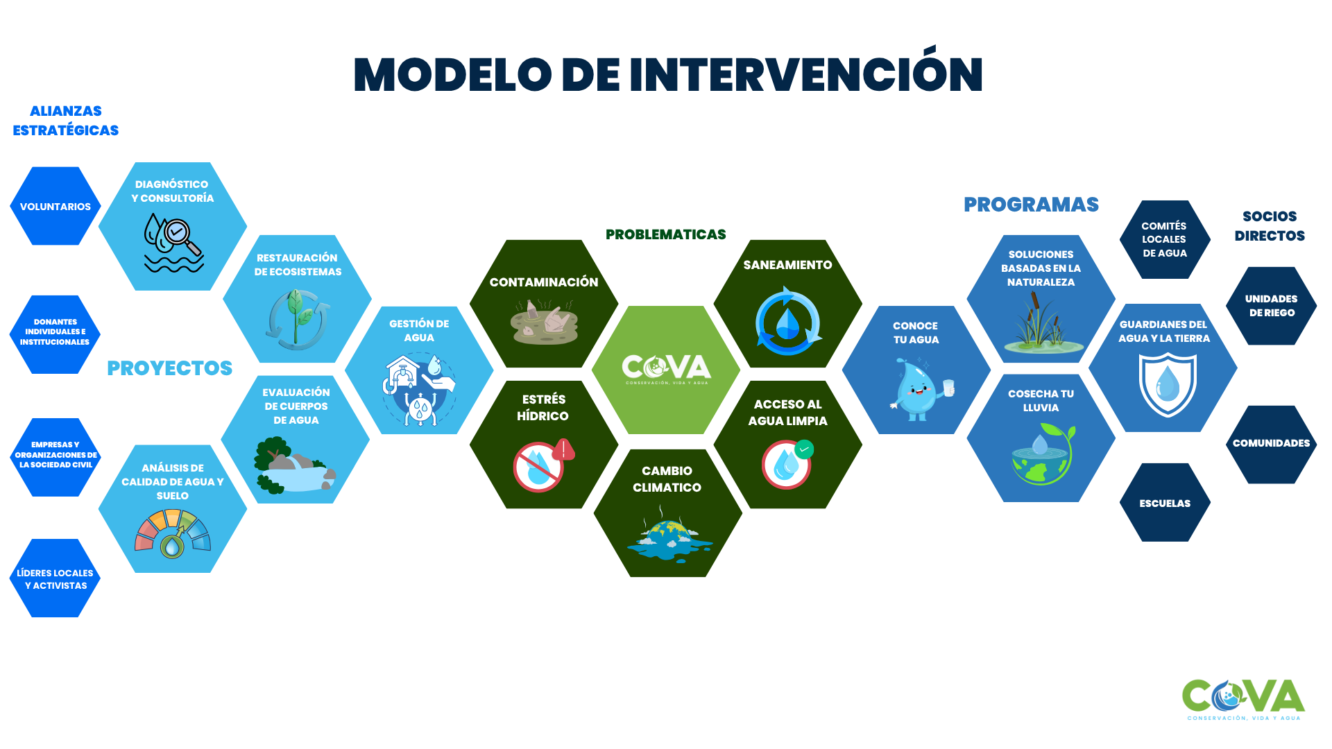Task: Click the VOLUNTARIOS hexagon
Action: pos(55,206)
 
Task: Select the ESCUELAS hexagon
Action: pos(1165,503)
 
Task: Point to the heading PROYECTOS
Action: pos(169,368)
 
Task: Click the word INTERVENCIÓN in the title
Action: pos(806,74)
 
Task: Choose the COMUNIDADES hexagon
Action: pos(1271,444)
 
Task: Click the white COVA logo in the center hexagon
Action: pos(666,368)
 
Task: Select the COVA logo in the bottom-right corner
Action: pos(1243,699)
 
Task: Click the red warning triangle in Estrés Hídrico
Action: pos(564,450)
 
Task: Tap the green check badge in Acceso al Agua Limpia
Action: pos(804,449)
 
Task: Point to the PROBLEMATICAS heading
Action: pos(665,234)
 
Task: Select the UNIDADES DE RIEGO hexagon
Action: pos(1271,306)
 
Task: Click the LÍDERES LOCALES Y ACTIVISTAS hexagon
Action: pos(55,578)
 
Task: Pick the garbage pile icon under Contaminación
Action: pos(544,322)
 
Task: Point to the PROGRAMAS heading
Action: pos(1031,205)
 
